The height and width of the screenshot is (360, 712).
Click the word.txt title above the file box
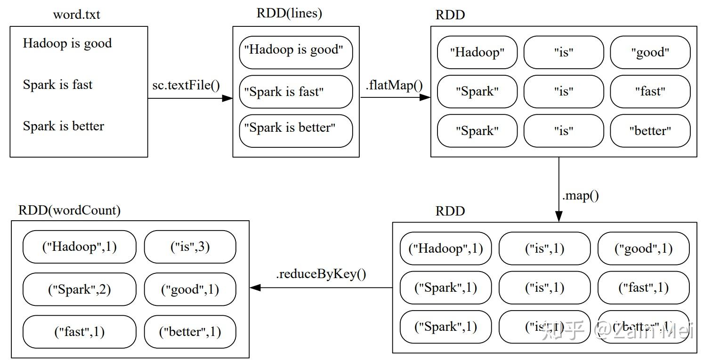click(x=76, y=14)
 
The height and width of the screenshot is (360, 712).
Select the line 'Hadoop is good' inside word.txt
click(x=67, y=43)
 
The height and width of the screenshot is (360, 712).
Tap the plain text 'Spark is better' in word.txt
click(x=64, y=126)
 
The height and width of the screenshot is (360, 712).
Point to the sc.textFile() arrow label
click(x=186, y=85)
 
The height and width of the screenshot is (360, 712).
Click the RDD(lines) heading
click(x=289, y=13)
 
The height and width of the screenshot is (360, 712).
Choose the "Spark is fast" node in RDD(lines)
click(x=296, y=92)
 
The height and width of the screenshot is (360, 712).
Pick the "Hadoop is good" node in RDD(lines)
click(x=296, y=50)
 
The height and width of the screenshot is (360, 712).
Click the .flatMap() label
click(x=394, y=86)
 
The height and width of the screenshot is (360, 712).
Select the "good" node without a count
click(x=650, y=52)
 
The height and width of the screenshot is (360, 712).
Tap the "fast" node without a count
click(x=650, y=91)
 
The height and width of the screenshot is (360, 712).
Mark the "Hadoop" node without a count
click(x=477, y=52)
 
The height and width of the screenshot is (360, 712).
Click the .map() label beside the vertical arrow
click(x=580, y=195)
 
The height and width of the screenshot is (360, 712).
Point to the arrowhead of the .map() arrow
click(x=559, y=216)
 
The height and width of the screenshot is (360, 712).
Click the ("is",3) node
click(x=190, y=247)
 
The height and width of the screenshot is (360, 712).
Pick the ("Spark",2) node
click(x=79, y=289)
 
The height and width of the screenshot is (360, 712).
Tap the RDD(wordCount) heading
click(x=69, y=210)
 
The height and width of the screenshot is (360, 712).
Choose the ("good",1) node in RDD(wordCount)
click(x=190, y=289)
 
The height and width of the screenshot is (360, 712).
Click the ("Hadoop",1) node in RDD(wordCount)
click(x=79, y=247)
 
